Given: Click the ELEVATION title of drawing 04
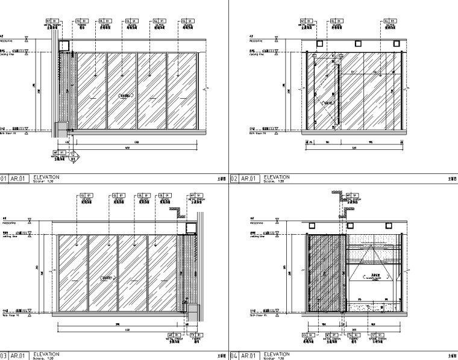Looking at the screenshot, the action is coord(277,354).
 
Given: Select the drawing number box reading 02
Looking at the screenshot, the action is coord(235,178).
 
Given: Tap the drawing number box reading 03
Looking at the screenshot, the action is coord(4,356).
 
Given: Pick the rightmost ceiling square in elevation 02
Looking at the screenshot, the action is coord(397,44).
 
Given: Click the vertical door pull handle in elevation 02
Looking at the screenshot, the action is coord(339,96).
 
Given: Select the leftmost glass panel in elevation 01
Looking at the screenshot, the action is coord(92,92).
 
